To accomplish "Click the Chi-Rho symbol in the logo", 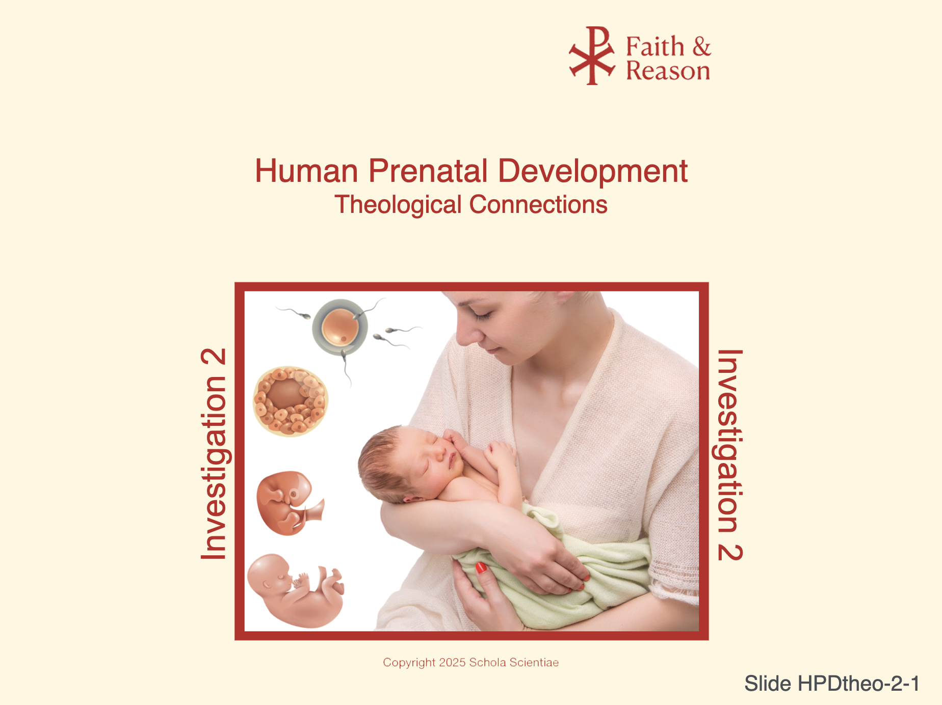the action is [592, 56].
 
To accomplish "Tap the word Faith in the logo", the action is [655, 47].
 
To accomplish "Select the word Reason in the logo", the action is [668, 70].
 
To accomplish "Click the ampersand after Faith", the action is [702, 46].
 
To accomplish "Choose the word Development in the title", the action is [593, 172].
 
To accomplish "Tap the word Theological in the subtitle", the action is [398, 205].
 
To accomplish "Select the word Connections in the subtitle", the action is [538, 204].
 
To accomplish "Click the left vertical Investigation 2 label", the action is [214, 454].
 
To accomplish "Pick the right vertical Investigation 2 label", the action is [730, 455].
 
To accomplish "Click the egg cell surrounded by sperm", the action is [341, 327].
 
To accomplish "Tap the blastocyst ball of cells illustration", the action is [291, 401].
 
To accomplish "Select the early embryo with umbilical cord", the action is [289, 503].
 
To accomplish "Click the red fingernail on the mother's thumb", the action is [481, 567].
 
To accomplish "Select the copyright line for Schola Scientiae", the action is [471, 662].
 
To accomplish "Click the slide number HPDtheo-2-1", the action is [832, 684].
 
